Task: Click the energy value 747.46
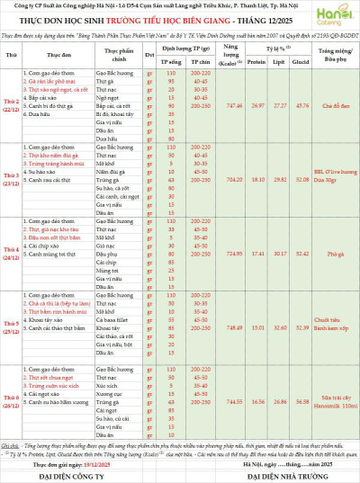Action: click(x=209, y=105)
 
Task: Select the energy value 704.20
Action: click(x=209, y=179)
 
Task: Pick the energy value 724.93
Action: click(x=209, y=254)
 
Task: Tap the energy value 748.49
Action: click(x=209, y=328)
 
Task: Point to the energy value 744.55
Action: click(x=209, y=401)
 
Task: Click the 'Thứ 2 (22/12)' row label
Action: click(x=13, y=105)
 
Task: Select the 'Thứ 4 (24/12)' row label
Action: click(x=13, y=254)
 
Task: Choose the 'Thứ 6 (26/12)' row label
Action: click(x=13, y=401)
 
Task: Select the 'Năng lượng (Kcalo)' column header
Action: click(x=209, y=56)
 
